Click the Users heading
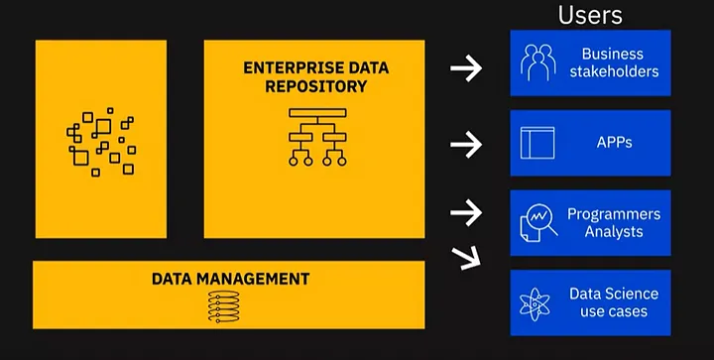coord(590,14)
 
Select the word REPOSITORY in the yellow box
coord(314,86)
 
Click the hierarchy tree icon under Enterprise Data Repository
coord(314,136)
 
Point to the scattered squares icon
coord(100,142)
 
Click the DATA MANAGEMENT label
coord(230,279)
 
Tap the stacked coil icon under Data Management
coord(225,305)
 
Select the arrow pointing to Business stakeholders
coord(465,67)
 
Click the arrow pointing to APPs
coord(465,145)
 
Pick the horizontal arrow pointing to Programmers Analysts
coord(465,211)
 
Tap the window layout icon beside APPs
coord(537,142)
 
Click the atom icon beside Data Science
coord(536,301)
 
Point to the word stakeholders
coord(613,71)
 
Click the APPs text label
coord(614,142)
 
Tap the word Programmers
coord(613,214)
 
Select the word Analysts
coord(613,232)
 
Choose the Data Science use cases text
coord(613,302)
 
